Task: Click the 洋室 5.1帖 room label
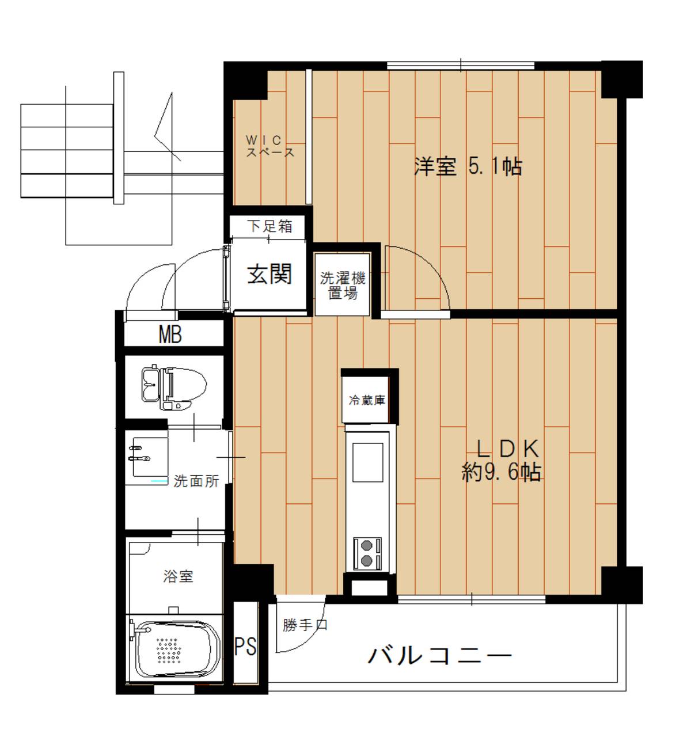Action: click(468, 166)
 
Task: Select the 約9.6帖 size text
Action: click(501, 472)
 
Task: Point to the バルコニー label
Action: click(439, 655)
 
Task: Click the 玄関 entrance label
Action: click(269, 274)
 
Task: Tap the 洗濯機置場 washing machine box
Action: click(343, 285)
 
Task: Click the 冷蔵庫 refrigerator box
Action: click(367, 400)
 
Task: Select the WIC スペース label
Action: click(269, 146)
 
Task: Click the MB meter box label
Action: click(170, 335)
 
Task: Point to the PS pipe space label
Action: click(245, 646)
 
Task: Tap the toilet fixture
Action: click(174, 386)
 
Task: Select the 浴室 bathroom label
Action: click(178, 576)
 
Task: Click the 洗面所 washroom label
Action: click(196, 481)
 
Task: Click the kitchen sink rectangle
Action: click(367, 462)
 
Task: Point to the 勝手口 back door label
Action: click(305, 625)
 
